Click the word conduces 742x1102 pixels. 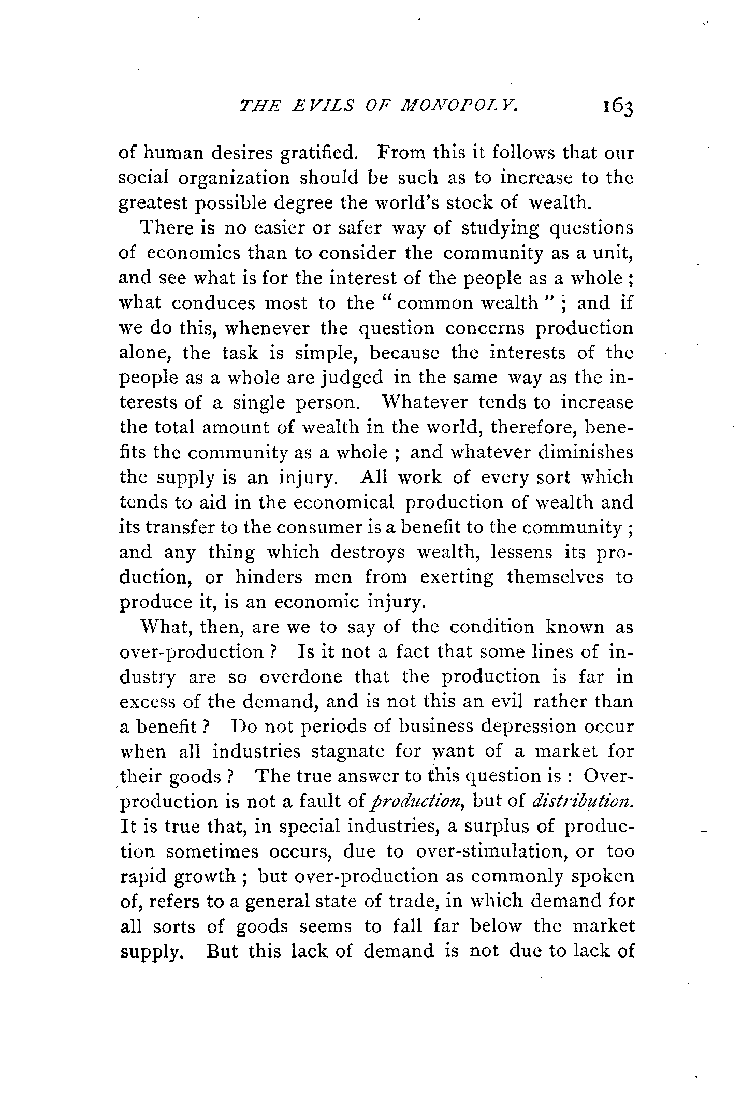click(x=213, y=303)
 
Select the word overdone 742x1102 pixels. click(x=300, y=677)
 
